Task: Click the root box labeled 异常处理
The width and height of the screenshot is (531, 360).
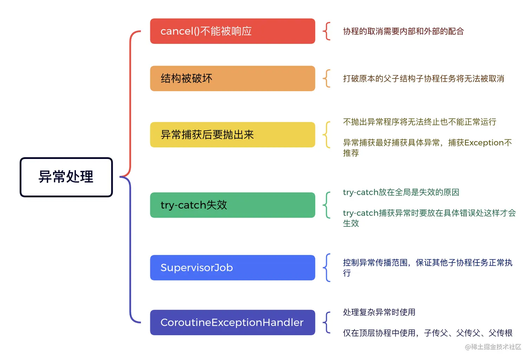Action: coord(66,177)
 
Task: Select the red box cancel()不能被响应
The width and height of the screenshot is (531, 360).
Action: coord(232,31)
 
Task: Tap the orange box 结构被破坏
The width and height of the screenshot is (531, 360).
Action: coord(232,78)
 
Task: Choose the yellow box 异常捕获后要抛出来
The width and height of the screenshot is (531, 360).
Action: coord(232,135)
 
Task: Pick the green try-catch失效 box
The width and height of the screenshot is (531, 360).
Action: coord(232,205)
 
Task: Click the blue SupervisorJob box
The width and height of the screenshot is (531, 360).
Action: coord(232,268)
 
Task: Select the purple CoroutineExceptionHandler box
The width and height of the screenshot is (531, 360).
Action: coord(232,322)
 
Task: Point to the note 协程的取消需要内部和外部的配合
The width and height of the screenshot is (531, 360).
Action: coord(403,32)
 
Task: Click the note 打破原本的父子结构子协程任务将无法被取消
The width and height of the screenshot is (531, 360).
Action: coord(423,79)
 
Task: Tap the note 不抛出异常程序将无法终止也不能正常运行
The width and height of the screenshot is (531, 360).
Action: coord(419,122)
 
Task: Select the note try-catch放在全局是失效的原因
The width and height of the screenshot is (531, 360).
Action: coord(401,192)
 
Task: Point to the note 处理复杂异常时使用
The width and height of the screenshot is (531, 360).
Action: coord(379,312)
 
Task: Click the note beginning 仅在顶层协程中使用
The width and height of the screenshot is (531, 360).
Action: coord(427,333)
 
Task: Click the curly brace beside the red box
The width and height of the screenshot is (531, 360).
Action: coord(327,31)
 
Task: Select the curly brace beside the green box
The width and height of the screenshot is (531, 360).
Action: coord(327,205)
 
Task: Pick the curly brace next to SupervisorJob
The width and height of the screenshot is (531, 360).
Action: coord(327,268)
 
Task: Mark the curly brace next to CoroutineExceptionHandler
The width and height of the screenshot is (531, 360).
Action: coord(327,322)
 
